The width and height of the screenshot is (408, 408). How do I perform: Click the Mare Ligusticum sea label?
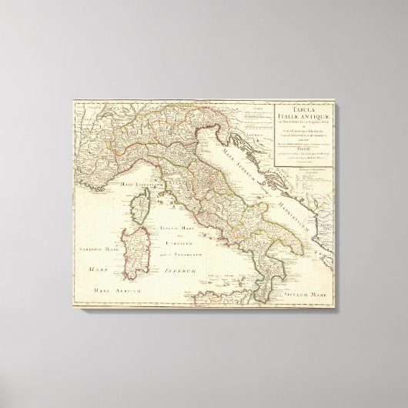[141, 186]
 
